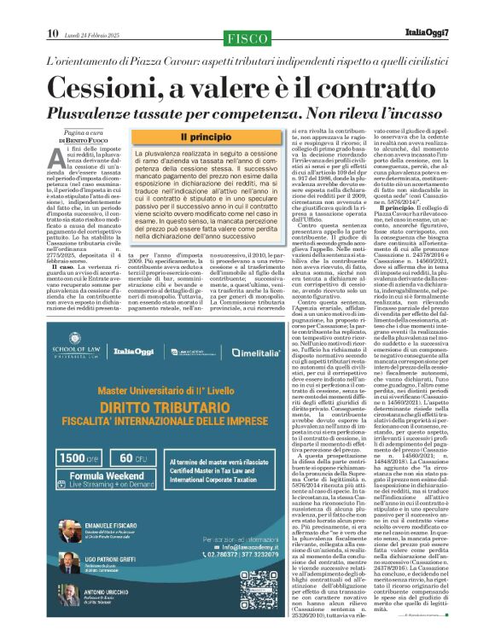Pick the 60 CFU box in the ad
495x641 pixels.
(137, 457)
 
